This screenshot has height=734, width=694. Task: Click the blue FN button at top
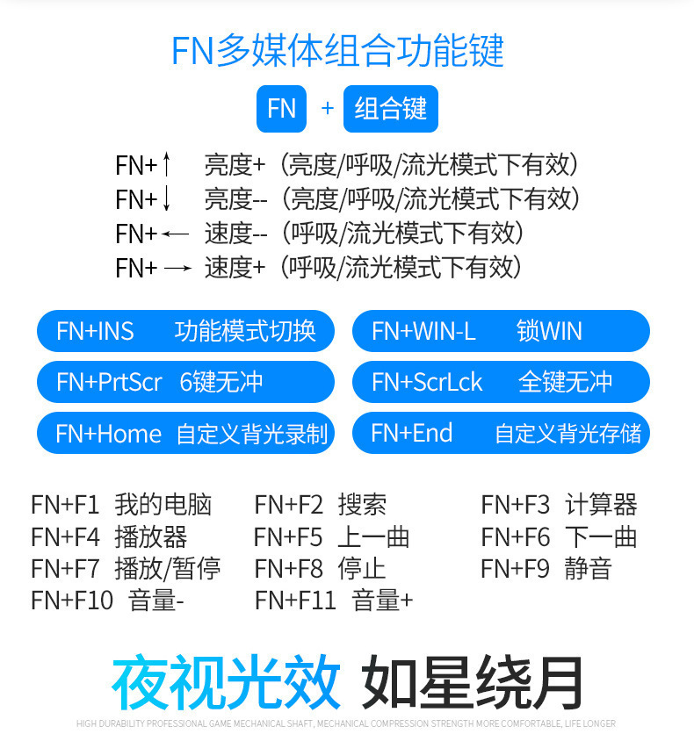(x=281, y=108)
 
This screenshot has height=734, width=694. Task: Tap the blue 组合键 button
(x=390, y=108)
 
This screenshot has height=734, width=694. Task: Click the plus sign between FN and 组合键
(x=328, y=108)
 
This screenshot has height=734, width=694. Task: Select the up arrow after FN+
(x=167, y=164)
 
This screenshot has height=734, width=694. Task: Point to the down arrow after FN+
(x=167, y=199)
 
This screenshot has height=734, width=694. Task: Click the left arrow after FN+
(x=176, y=234)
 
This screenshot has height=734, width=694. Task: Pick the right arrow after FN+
(x=177, y=269)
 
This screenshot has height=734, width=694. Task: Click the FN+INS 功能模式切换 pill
(x=185, y=331)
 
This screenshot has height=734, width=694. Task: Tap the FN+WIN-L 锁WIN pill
(x=500, y=331)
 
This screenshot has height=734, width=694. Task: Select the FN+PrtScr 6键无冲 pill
(x=185, y=382)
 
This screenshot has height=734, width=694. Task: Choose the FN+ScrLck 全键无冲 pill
(x=500, y=382)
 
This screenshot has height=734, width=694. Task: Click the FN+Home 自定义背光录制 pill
(x=185, y=433)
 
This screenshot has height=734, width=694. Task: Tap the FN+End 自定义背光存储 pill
(x=500, y=433)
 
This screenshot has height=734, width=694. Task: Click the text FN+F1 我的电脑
(x=121, y=505)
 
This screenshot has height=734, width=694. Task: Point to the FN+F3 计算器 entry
(x=559, y=505)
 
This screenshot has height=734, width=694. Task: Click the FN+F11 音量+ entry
(x=334, y=601)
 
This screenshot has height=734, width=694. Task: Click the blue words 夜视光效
(x=226, y=682)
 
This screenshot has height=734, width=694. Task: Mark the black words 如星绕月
(x=474, y=682)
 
